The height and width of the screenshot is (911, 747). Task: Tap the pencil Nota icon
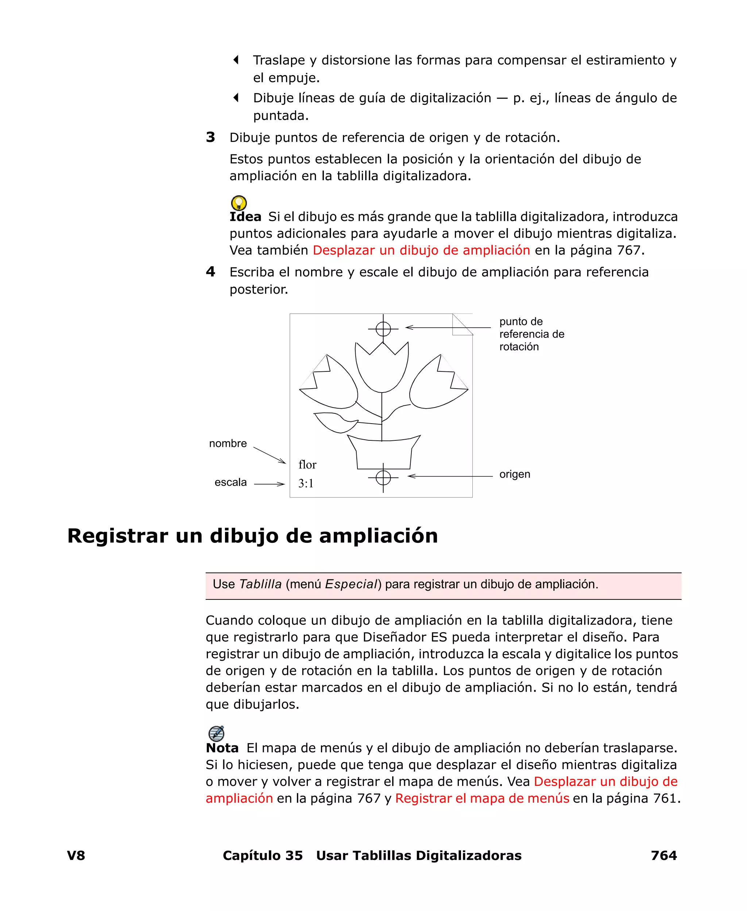coord(216,733)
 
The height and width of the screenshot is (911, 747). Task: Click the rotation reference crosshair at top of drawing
coord(383,329)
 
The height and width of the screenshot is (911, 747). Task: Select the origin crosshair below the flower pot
coord(383,477)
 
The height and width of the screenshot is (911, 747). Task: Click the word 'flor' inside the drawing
coord(307,465)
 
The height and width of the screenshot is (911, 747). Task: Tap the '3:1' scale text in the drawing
coord(306,484)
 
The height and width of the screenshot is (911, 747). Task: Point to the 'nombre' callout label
coord(228,444)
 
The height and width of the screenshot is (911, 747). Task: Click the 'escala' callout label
coord(231,482)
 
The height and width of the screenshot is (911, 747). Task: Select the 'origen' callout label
coord(515,474)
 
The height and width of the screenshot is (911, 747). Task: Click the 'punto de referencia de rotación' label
coord(531,334)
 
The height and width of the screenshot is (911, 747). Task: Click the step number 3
coord(210,137)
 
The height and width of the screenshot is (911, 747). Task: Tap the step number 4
coord(210,271)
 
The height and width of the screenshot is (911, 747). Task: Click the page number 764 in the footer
coord(663,856)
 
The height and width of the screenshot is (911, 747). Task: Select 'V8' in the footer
coord(76,856)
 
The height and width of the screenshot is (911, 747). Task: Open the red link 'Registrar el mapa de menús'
coord(482,798)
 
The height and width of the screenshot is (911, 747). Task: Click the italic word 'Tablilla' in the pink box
coord(260,584)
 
